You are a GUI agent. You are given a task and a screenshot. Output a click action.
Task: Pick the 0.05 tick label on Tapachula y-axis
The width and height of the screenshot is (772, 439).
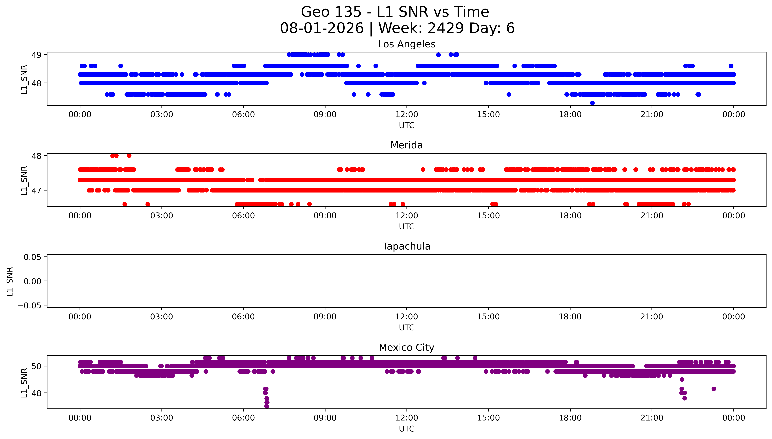(33, 257)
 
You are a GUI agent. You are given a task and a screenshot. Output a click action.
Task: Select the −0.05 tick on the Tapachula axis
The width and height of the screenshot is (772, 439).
(29, 305)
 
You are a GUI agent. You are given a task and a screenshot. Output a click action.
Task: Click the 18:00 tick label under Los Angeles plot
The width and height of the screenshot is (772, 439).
(570, 115)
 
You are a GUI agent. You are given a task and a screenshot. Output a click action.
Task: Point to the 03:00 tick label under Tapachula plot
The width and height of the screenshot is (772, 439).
(162, 317)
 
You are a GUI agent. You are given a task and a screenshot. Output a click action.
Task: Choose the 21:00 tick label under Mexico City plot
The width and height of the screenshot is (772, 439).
(652, 418)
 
